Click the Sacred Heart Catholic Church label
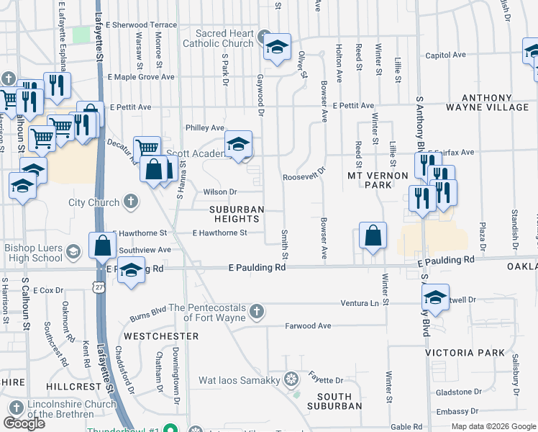click(x=226, y=38)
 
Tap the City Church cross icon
click(x=131, y=202)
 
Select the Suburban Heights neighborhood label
click(x=237, y=214)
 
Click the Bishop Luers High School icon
click(x=73, y=251)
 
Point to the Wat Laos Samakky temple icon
click(x=291, y=379)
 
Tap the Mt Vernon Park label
click(x=369, y=180)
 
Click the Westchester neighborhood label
click(x=160, y=336)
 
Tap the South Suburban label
click(x=335, y=401)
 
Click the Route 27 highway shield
click(x=98, y=287)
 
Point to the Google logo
click(x=24, y=423)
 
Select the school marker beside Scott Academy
click(x=238, y=144)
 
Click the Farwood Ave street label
click(x=308, y=326)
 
